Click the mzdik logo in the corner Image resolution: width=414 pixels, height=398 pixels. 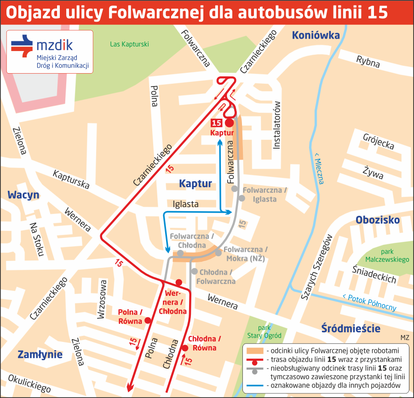pyautogui.click(x=50, y=52)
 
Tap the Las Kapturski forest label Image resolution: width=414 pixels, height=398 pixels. pyautogui.click(x=129, y=45)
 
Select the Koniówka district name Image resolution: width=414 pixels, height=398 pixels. pyautogui.click(x=316, y=35)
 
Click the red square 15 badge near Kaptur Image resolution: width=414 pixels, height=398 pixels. pyautogui.click(x=216, y=123)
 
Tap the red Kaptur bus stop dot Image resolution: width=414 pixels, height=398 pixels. pyautogui.click(x=229, y=123)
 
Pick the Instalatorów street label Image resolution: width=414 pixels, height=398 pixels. pyautogui.click(x=277, y=125)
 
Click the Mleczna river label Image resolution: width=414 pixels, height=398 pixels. pyautogui.click(x=319, y=168)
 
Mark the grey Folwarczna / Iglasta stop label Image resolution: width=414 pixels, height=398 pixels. pyautogui.click(x=265, y=195)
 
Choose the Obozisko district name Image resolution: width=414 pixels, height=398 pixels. pyautogui.click(x=378, y=220)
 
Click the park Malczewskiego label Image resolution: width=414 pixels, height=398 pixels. pyautogui.click(x=387, y=256)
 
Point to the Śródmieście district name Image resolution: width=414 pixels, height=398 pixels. pyautogui.click(x=351, y=329)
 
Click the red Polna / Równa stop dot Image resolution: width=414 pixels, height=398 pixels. pyautogui.click(x=148, y=321)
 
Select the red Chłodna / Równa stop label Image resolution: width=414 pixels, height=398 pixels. pyautogui.click(x=205, y=344)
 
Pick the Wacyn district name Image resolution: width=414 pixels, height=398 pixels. pyautogui.click(x=23, y=195)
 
